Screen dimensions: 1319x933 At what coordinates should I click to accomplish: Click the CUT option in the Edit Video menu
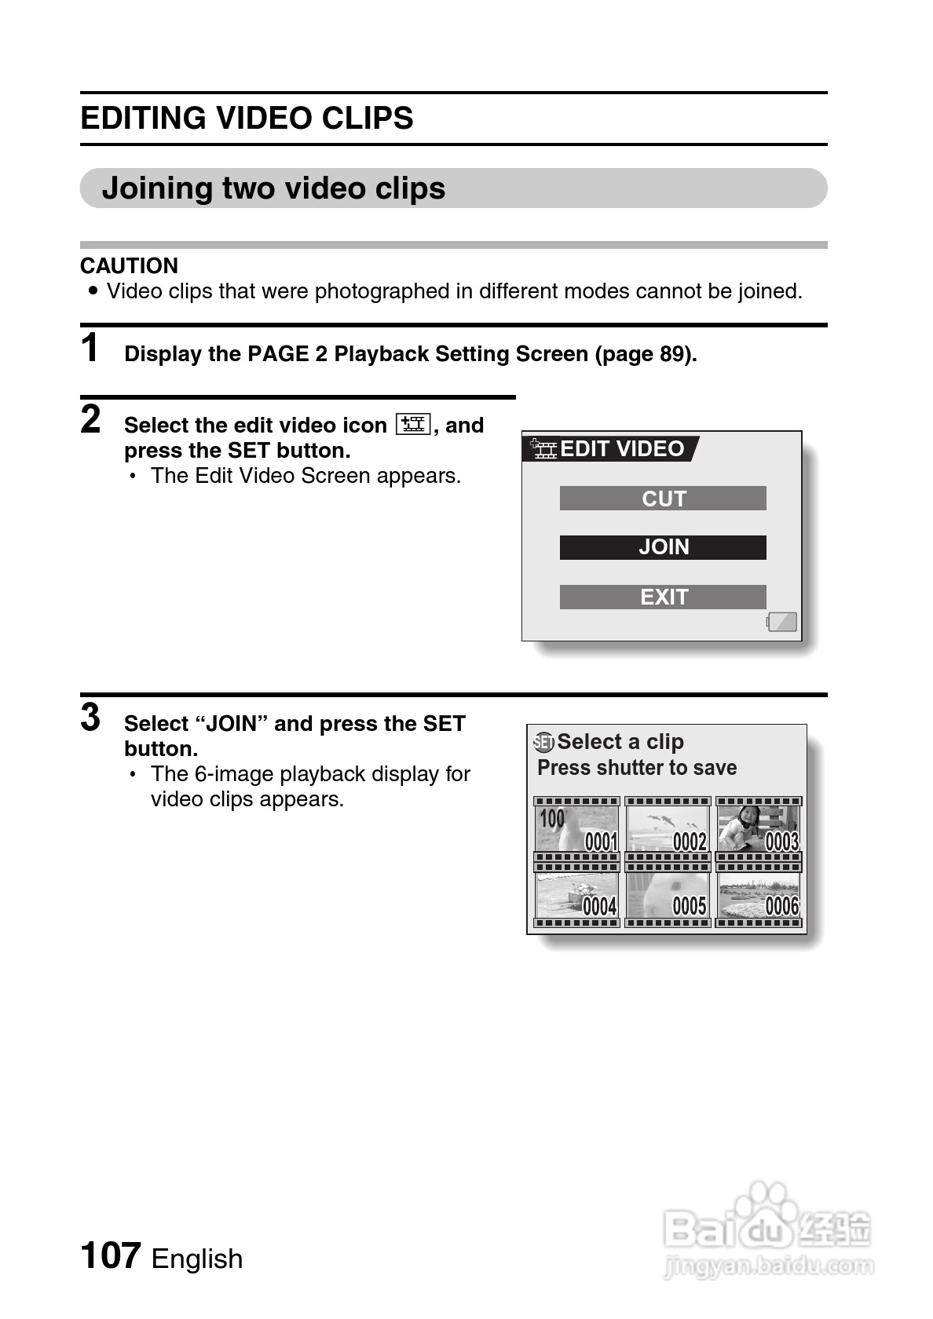(x=663, y=499)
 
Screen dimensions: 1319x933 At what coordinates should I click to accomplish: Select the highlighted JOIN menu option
(x=663, y=547)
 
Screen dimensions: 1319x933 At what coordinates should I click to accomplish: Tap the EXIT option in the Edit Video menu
(x=663, y=597)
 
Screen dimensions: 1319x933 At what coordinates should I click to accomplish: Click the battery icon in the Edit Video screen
(x=782, y=622)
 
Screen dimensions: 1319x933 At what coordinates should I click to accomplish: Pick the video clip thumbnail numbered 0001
(x=576, y=830)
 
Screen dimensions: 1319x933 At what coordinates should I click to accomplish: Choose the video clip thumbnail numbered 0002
(x=668, y=830)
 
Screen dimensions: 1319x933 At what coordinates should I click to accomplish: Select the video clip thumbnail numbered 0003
(x=759, y=830)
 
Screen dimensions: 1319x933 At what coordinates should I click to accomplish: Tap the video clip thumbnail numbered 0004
(x=576, y=896)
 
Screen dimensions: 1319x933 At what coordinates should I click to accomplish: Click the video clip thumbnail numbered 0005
(x=668, y=896)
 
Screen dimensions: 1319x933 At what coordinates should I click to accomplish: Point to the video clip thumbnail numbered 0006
(x=759, y=896)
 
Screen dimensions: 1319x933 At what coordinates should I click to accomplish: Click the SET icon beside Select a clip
(x=543, y=742)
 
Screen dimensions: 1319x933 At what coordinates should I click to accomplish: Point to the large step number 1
(x=91, y=348)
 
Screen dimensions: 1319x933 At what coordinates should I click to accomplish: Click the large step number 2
(x=91, y=419)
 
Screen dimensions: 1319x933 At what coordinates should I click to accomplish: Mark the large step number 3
(x=91, y=718)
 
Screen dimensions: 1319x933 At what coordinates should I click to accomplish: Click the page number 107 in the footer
(x=111, y=1255)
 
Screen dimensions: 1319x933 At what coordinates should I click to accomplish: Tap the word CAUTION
(x=129, y=265)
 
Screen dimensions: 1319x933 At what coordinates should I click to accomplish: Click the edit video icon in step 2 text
(x=413, y=425)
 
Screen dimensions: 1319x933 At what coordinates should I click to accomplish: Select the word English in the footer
(x=197, y=1259)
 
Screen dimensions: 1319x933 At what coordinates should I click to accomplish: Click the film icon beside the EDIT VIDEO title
(x=543, y=448)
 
